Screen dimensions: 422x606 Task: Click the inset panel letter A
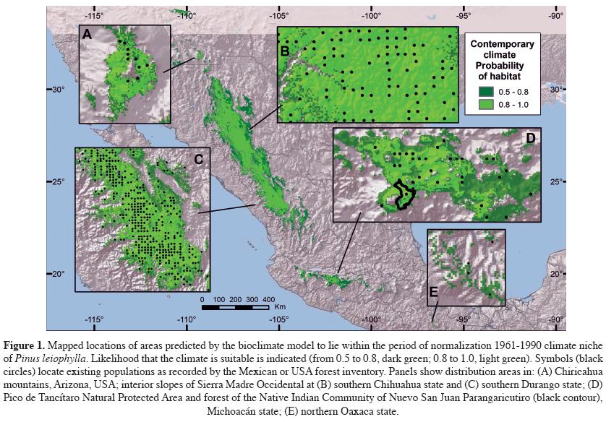pyautogui.click(x=88, y=34)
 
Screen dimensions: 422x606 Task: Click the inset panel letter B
pyautogui.click(x=285, y=51)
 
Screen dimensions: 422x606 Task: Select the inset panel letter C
pyautogui.click(x=197, y=158)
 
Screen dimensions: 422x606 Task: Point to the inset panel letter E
pyautogui.click(x=434, y=291)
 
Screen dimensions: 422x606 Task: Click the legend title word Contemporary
pyautogui.click(x=503, y=44)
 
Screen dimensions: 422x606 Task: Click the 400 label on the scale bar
pyautogui.click(x=268, y=299)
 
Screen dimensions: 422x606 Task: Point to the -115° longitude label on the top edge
pyautogui.click(x=94, y=14)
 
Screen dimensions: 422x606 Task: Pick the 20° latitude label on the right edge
pyautogui.click(x=557, y=274)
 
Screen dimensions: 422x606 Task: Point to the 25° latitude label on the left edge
pyautogui.click(x=59, y=181)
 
